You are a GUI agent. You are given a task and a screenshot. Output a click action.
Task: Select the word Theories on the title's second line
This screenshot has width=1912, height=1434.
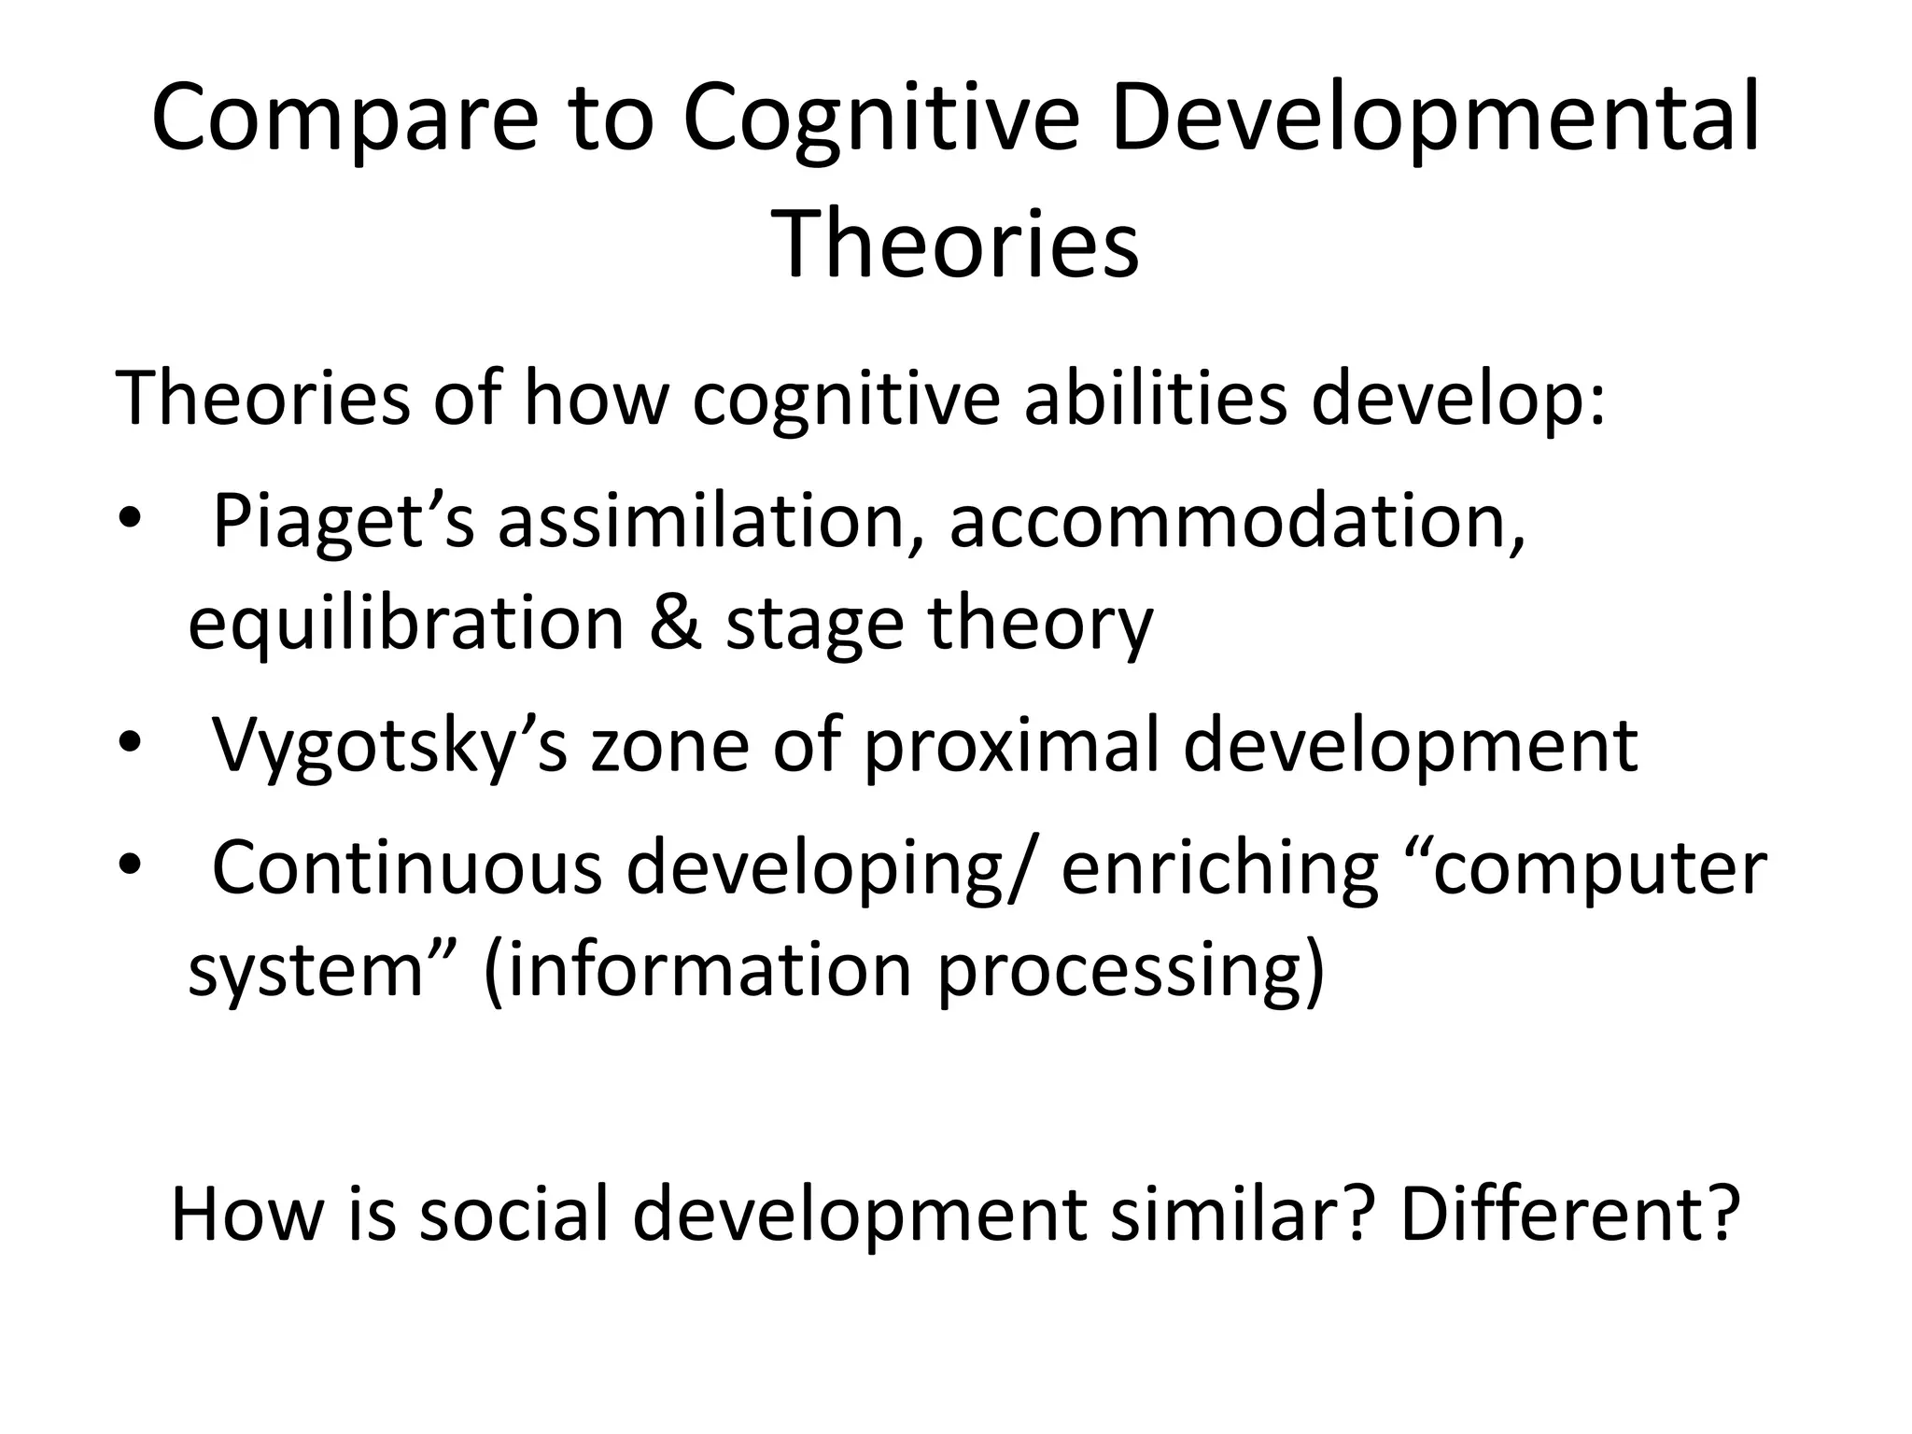click(x=956, y=245)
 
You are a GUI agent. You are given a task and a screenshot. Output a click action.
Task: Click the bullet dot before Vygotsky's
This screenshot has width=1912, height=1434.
click(x=129, y=744)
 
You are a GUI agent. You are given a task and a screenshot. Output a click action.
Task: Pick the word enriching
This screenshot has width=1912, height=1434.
click(x=1220, y=870)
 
